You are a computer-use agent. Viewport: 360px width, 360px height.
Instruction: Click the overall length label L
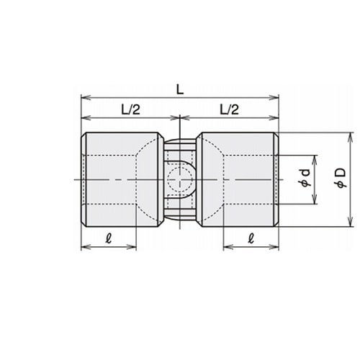pyautogui.click(x=180, y=90)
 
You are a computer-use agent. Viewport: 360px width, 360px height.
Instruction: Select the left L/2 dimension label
pyautogui.click(x=130, y=109)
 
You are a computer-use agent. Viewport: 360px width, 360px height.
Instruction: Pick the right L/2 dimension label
pyautogui.click(x=230, y=109)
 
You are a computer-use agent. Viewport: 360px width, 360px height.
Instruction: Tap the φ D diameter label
pyautogui.click(x=341, y=178)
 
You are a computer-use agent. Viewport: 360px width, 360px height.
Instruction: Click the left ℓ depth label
pyautogui.click(x=109, y=238)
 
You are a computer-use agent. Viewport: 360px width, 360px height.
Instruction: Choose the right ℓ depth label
pyautogui.click(x=251, y=238)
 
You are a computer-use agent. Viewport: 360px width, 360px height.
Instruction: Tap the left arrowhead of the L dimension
pyautogui.click(x=86, y=98)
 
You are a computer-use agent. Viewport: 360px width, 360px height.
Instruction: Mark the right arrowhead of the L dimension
pyautogui.click(x=274, y=98)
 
